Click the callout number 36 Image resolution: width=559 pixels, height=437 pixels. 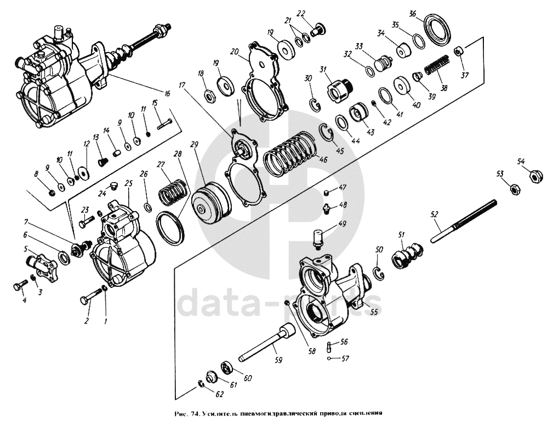pos(413,13)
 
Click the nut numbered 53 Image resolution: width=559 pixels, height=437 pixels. pos(515,189)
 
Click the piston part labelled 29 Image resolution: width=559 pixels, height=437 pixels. pos(212,204)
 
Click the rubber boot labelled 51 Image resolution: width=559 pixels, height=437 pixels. pos(408,253)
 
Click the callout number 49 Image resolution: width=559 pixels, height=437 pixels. pos(327,224)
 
